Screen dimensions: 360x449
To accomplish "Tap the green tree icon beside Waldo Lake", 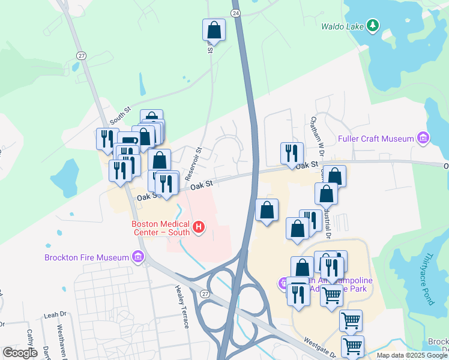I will click(373, 25).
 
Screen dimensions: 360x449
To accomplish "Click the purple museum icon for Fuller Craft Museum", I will click(423, 139).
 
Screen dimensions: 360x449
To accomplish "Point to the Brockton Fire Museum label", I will click(87, 257).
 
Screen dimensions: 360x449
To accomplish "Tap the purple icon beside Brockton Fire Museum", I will click(139, 257).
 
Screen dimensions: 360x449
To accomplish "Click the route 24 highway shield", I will click(236, 13).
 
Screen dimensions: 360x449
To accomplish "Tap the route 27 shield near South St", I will click(82, 55).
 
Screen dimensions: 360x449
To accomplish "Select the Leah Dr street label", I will click(54, 314).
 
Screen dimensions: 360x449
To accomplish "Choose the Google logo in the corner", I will click(20, 352).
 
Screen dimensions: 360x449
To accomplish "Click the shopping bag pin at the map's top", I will click(214, 29).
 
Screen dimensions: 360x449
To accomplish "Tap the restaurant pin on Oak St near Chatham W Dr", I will click(291, 153).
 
